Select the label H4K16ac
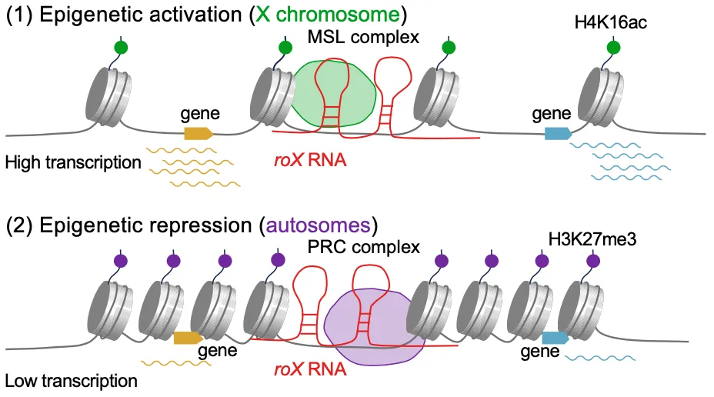[x=611, y=23]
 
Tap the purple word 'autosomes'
[x=332, y=225]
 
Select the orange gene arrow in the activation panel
[x=199, y=133]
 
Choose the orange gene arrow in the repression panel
[x=188, y=337]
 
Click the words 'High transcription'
[x=72, y=162]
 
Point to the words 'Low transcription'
[x=71, y=380]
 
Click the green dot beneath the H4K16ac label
[x=613, y=48]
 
